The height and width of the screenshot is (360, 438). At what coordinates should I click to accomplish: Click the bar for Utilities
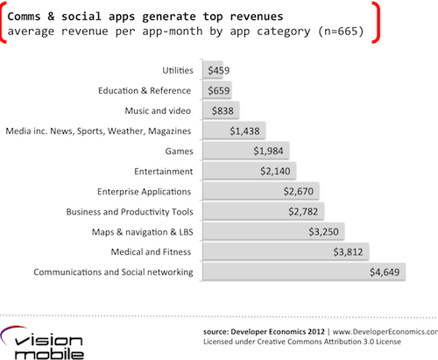pos(213,70)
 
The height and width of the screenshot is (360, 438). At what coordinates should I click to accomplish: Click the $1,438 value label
pos(245,131)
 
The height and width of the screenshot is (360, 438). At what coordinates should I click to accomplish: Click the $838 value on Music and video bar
pos(224,110)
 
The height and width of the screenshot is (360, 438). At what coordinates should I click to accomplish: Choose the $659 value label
pos(219,90)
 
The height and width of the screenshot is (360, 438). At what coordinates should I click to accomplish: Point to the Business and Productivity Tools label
pos(129,211)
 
